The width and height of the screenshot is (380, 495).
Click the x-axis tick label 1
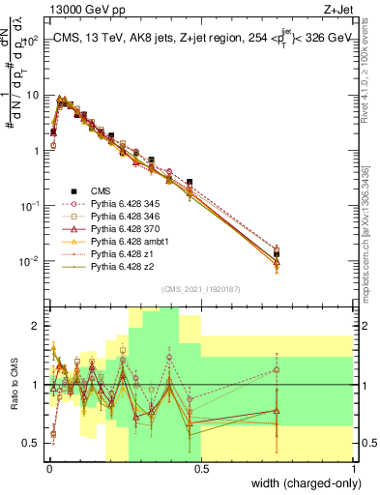tap(354, 467)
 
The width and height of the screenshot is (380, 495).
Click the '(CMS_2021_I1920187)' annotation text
tap(199, 289)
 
